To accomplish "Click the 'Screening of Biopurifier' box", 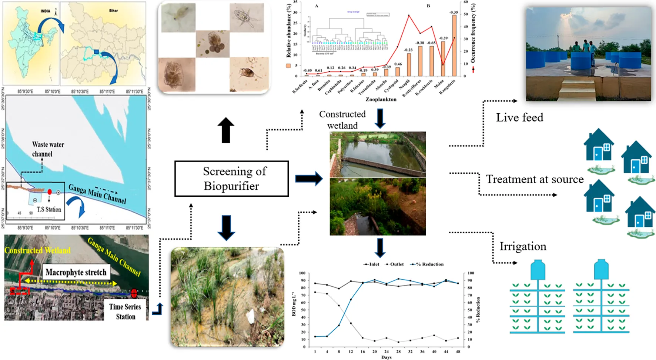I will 231,179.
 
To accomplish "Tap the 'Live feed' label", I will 519,117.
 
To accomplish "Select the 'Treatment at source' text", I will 535,179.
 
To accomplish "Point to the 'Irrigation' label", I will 523,246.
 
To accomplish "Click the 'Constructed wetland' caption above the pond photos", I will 342,120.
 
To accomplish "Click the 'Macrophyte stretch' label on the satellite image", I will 76,272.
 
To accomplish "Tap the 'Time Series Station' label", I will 125,311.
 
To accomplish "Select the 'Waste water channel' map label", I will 48,149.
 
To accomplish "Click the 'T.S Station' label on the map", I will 49,209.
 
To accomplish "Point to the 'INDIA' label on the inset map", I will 45,11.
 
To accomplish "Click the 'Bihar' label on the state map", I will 113,10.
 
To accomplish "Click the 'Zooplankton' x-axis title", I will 381,99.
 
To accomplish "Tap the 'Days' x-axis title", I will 386,357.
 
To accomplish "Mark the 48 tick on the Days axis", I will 458,351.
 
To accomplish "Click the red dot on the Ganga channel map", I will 50,192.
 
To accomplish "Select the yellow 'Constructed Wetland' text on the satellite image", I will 37,250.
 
